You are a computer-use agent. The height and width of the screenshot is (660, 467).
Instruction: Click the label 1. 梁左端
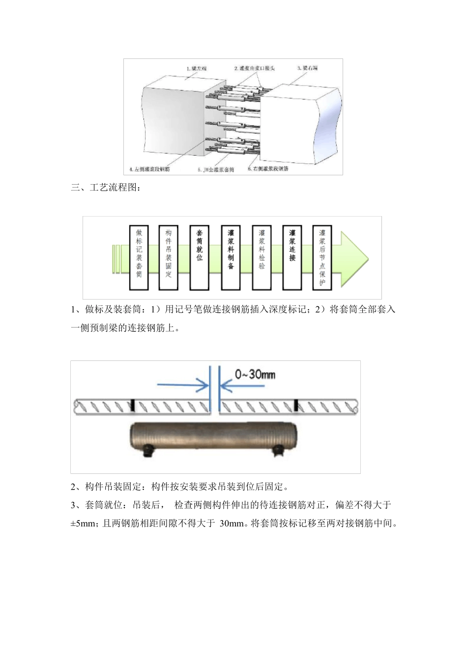(196, 68)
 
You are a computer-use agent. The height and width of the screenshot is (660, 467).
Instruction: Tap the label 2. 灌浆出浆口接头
(254, 68)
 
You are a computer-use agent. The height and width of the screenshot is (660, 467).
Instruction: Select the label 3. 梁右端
(307, 68)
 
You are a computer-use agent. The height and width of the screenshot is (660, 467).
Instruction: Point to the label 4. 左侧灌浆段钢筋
(149, 169)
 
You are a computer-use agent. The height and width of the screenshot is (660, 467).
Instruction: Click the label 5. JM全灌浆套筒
(216, 170)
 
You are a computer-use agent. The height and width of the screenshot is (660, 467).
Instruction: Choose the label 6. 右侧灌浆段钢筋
(268, 168)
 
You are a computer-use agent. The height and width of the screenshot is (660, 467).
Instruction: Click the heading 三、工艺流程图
(106, 188)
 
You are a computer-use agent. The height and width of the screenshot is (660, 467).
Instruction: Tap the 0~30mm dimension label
(255, 374)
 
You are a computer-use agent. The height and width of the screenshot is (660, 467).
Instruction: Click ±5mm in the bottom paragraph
(82, 523)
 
